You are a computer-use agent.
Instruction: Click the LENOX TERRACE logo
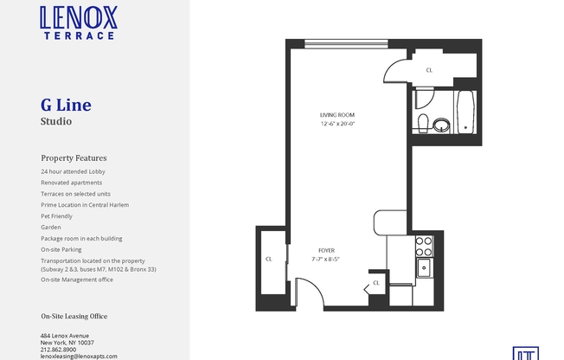(78, 22)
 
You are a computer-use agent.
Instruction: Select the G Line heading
(66, 106)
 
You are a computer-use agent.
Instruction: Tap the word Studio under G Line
(56, 122)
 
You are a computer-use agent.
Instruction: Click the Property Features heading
(74, 158)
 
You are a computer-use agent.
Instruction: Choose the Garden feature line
(51, 227)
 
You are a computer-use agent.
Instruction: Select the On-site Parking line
(62, 249)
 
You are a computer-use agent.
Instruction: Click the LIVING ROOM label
(337, 115)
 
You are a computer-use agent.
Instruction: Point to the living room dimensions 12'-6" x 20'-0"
(337, 124)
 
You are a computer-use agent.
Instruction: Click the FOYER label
(326, 250)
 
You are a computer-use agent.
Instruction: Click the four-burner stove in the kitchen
(424, 246)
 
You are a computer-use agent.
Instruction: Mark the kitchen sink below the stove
(424, 267)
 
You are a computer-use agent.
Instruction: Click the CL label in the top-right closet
(430, 71)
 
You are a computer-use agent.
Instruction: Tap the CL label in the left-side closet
(269, 259)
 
